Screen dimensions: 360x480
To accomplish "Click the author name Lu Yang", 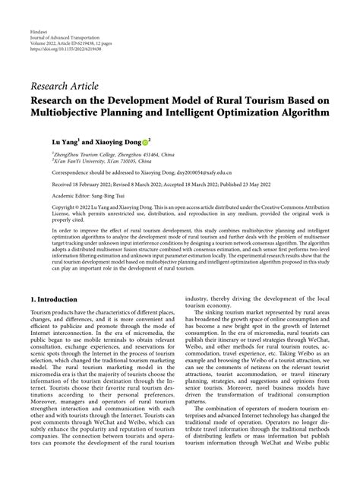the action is tap(65, 141).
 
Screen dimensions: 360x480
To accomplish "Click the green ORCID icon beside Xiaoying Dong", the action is tap(144, 141).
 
